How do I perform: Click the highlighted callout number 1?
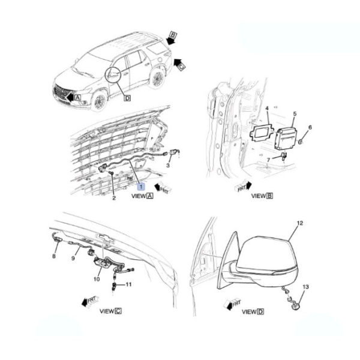point(141,187)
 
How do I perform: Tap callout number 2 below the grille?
point(114,197)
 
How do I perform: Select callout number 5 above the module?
point(295,113)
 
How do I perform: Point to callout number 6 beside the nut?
point(310,127)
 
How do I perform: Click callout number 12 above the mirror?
point(300,223)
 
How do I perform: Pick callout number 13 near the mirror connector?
point(305,287)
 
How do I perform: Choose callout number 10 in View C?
point(97,279)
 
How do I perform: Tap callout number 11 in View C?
point(128,284)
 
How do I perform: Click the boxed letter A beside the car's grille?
point(78,97)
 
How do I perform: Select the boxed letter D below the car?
point(127,98)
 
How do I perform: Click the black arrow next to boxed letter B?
point(170,41)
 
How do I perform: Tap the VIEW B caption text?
point(262,196)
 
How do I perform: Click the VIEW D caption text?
point(253,312)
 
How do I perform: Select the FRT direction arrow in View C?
point(91,301)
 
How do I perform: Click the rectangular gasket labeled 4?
point(261,133)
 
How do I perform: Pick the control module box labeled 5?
point(286,139)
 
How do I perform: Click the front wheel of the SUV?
point(100,101)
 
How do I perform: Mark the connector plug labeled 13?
point(296,307)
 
